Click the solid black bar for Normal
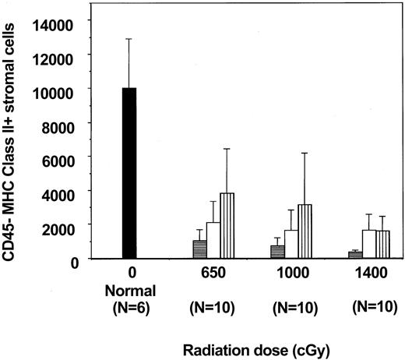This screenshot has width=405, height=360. click(x=129, y=172)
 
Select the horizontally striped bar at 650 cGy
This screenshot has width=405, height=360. click(x=199, y=249)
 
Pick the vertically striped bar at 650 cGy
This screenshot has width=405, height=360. click(x=227, y=225)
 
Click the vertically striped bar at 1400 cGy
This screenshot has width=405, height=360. click(x=382, y=244)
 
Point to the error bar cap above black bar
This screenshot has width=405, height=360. click(x=129, y=39)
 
